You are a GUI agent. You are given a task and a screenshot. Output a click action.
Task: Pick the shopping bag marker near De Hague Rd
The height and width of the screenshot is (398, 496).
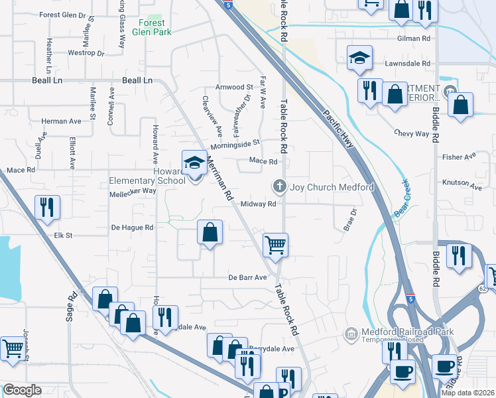(x=210, y=232)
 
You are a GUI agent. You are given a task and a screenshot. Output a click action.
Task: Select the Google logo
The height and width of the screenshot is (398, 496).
(x=22, y=390)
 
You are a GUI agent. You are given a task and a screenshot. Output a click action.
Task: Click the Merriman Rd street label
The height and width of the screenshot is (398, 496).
(x=219, y=178)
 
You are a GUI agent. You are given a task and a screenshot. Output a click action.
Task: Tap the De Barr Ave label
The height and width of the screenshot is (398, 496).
(x=247, y=277)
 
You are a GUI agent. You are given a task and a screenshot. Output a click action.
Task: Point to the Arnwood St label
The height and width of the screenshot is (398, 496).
(x=234, y=87)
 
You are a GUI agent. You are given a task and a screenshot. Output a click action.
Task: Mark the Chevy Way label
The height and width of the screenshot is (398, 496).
(x=412, y=133)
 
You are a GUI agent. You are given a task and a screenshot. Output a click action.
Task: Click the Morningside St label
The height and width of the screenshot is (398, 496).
(x=235, y=144)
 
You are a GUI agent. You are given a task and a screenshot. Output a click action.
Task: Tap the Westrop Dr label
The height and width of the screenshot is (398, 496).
(x=87, y=52)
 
